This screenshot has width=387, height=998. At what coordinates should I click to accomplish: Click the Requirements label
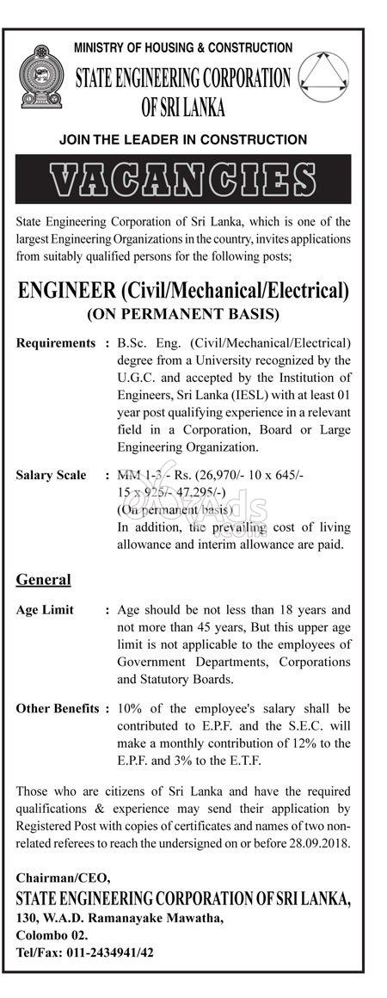point(56,343)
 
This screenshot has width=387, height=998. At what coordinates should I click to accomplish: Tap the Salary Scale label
point(52,475)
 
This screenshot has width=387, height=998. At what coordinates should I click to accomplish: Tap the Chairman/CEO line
point(63,878)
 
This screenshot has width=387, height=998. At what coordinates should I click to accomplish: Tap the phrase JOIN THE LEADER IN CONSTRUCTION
point(183,139)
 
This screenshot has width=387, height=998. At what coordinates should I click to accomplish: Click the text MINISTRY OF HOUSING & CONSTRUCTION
point(183,48)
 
